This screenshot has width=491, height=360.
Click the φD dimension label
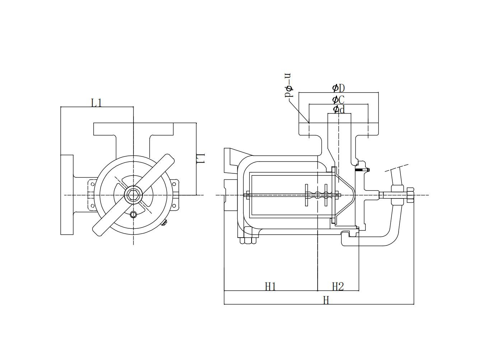tap(338, 88)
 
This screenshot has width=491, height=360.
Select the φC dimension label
tap(338, 100)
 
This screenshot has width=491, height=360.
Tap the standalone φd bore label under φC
tap(338, 109)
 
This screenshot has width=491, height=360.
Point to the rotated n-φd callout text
tap(288, 85)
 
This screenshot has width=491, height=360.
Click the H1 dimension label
tap(270, 286)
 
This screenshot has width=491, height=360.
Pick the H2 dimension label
tap(338, 286)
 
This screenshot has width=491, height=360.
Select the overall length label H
tap(326, 300)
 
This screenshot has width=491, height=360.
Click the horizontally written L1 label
tap(96, 103)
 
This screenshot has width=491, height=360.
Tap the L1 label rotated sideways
tap(201, 159)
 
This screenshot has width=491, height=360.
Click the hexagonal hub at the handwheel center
tap(133, 195)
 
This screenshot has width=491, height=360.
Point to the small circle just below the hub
tap(133, 215)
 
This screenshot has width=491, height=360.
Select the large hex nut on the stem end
tap(410, 195)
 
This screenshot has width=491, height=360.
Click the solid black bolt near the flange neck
tap(362, 170)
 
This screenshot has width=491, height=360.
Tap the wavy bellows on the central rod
tap(316, 195)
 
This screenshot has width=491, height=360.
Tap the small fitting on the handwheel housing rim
tap(164, 223)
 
